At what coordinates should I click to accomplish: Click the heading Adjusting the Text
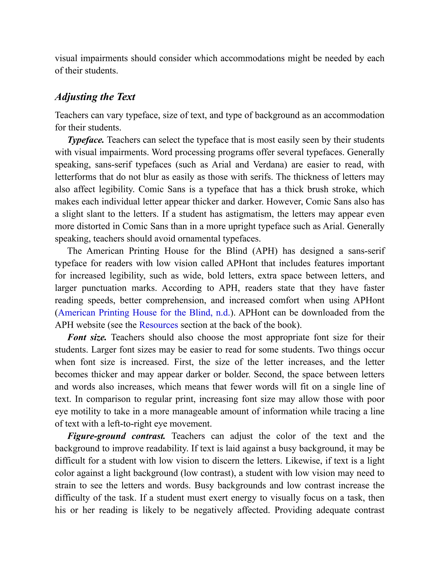tap(95, 97)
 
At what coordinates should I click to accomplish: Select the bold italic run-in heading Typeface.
tap(86, 140)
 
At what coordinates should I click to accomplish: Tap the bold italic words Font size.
tap(87, 337)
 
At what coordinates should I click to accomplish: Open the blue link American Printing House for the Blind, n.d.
tap(144, 313)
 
